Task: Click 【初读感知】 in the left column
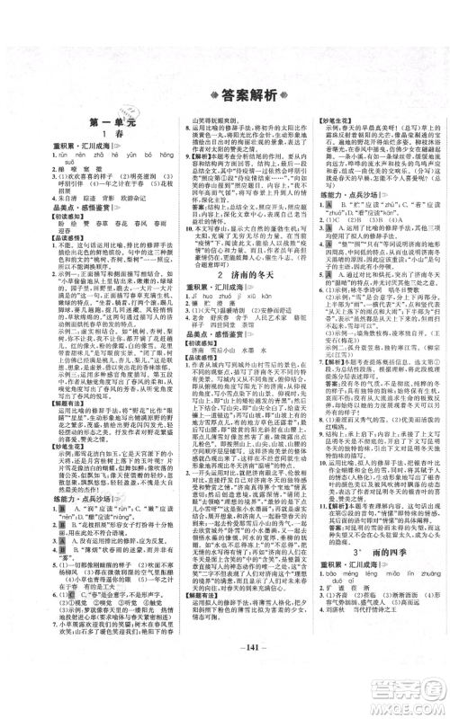pyautogui.click(x=43, y=242)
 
